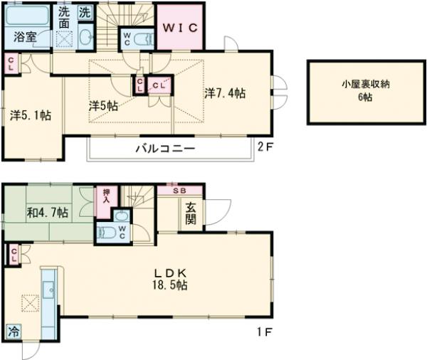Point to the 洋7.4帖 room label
226,93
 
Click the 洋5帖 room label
103,105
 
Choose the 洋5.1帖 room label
30,114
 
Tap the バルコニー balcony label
165,149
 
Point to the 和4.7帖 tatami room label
48,211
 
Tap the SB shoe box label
179,191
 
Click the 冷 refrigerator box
14,331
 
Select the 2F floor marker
264,148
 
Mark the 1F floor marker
264,332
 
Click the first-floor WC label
122,232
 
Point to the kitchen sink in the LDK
48,290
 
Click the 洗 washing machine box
85,12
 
